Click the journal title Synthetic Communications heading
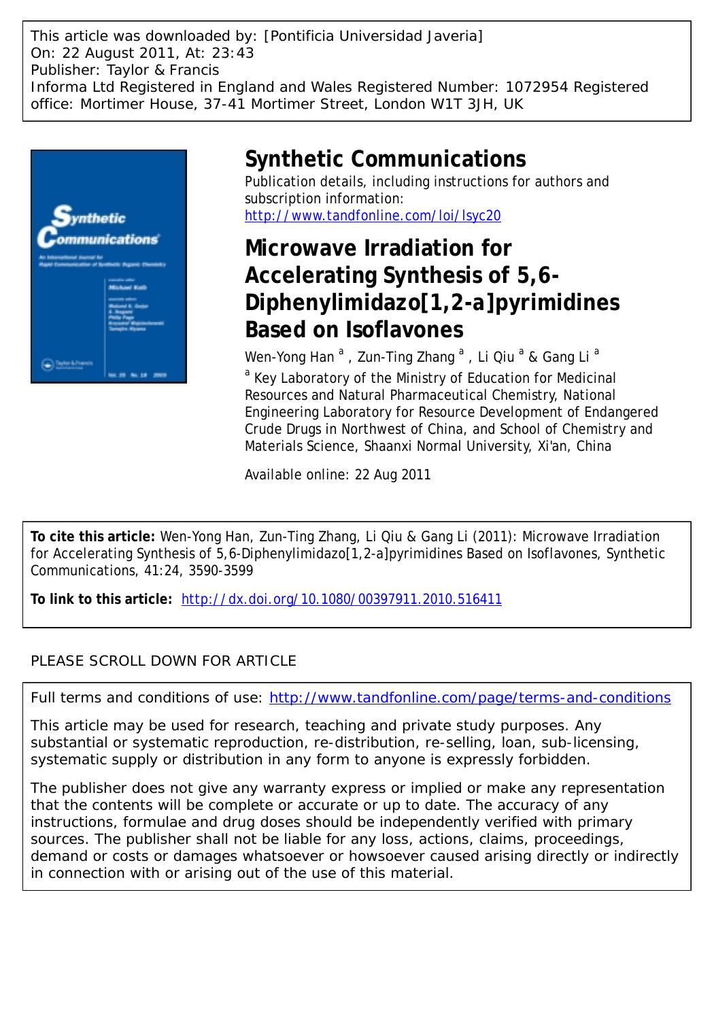(x=385, y=159)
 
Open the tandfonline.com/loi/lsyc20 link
(x=373, y=216)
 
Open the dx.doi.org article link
(x=342, y=599)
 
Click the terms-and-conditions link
(x=470, y=698)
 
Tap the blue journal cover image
(x=109, y=266)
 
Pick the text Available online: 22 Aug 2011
(x=337, y=475)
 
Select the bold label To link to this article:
(x=101, y=599)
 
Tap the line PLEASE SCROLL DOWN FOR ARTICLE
(x=164, y=661)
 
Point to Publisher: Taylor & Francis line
(x=125, y=70)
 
